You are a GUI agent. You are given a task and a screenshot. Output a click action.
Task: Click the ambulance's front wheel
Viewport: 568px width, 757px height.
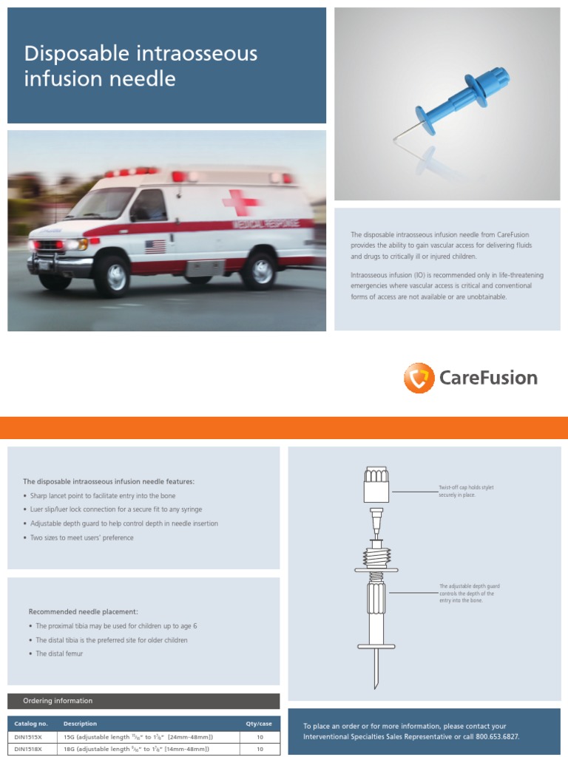point(112,274)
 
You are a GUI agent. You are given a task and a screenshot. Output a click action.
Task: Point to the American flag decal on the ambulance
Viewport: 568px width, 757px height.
point(155,246)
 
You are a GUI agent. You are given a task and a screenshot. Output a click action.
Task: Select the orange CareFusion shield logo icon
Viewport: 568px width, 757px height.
point(419,378)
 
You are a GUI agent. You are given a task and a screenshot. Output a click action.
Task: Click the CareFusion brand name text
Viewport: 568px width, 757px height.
point(488,378)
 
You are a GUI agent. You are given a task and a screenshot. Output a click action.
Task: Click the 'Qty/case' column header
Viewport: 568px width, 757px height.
point(259,724)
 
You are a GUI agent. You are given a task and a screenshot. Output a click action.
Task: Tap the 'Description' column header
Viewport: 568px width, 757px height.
point(80,724)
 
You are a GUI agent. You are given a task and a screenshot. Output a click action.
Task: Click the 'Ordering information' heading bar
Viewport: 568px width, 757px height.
point(143,701)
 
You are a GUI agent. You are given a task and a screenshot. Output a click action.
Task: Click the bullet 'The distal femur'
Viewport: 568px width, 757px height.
point(59,654)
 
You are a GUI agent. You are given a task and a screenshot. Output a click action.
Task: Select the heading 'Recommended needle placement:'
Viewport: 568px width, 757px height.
point(83,611)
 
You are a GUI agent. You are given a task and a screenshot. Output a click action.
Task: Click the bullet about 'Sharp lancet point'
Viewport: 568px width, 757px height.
point(103,496)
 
